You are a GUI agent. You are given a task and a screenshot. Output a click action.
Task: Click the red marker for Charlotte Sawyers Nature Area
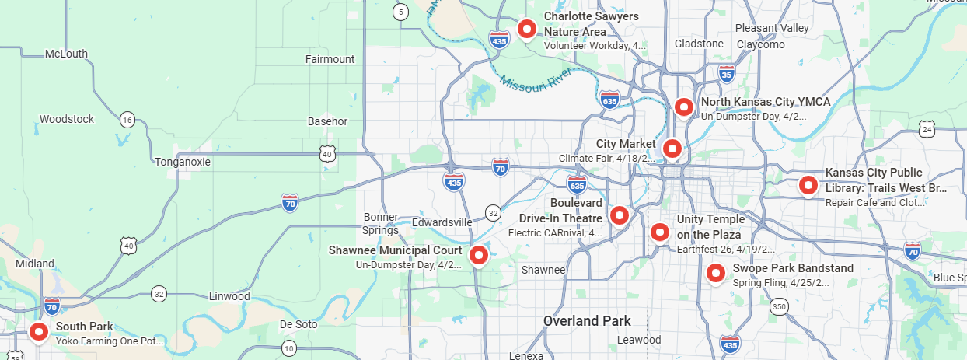tap(528, 30)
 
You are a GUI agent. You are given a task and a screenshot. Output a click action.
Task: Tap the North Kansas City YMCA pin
tap(683, 107)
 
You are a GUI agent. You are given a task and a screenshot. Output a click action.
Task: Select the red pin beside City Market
tap(672, 148)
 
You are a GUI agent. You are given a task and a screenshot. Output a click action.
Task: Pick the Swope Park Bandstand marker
tap(715, 273)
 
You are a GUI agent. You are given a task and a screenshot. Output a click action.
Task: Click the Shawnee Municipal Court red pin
tap(479, 254)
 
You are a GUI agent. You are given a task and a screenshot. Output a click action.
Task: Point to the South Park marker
tap(39, 332)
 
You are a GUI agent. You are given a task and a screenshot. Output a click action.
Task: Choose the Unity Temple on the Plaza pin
tap(659, 232)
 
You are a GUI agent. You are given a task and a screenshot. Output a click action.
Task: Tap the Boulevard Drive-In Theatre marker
tap(619, 215)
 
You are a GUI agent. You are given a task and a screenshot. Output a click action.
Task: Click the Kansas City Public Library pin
tap(808, 185)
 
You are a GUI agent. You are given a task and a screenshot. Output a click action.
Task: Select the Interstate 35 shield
tap(727, 74)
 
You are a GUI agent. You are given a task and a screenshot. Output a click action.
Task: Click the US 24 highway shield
tap(926, 129)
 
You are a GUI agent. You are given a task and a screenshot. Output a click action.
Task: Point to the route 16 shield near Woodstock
tap(127, 119)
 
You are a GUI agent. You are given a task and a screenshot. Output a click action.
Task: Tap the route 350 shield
tap(780, 307)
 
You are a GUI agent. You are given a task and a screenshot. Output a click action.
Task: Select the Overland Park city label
tap(587, 320)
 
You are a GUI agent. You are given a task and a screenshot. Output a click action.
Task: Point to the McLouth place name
tap(66, 54)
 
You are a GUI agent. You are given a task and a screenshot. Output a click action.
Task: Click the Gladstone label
tap(699, 44)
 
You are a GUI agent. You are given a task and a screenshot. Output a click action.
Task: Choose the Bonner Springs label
tap(380, 223)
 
